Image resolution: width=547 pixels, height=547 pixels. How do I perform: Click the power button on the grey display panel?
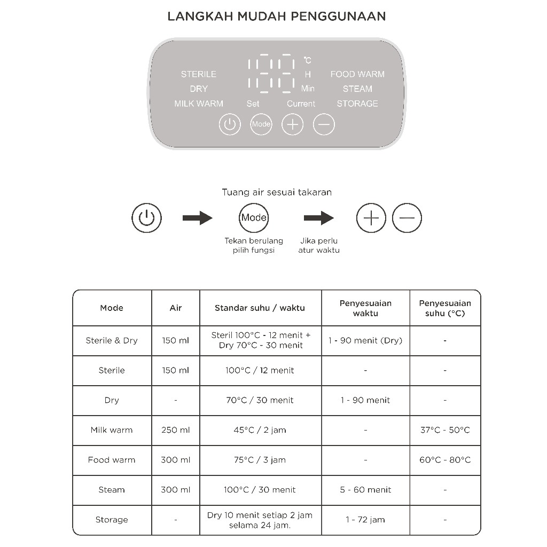(230, 124)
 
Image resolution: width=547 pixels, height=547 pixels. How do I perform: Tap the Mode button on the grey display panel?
(261, 124)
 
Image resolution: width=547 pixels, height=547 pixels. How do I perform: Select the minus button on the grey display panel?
(324, 124)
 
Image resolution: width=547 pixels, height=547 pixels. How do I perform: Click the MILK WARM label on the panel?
(199, 104)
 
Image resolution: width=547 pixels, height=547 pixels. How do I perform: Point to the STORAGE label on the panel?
(357, 104)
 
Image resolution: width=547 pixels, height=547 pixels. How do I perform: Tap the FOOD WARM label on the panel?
(357, 74)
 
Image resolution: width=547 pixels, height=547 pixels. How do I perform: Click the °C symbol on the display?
(307, 60)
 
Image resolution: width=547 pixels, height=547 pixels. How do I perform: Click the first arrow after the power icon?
(197, 218)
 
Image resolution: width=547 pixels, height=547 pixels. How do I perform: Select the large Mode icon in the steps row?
(254, 218)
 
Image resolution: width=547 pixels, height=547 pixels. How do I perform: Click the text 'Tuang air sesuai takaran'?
(277, 192)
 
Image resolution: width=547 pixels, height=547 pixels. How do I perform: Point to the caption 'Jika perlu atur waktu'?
(319, 246)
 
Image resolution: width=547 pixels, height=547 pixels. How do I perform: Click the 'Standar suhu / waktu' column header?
(260, 308)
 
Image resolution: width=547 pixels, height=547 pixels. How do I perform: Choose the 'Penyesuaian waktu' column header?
(365, 308)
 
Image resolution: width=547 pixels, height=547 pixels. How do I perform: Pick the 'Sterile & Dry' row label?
(112, 341)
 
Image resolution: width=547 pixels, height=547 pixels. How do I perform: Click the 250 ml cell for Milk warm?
(176, 430)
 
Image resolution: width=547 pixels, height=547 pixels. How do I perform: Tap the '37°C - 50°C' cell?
(445, 430)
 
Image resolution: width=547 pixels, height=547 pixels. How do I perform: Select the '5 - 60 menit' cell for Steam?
(365, 490)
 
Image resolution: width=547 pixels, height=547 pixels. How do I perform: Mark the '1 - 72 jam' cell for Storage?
(365, 520)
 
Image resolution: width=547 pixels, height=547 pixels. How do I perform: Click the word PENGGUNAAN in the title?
(338, 16)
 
